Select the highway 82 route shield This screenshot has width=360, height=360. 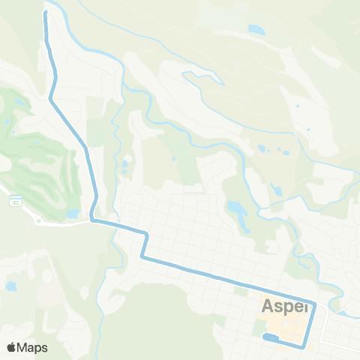pyautogui.click(x=14, y=202)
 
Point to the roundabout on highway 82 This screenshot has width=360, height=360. pyautogui.click(x=37, y=221)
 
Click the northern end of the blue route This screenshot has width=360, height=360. pyautogui.click(x=46, y=13)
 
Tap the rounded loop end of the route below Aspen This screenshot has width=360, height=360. pyautogui.click(x=266, y=338)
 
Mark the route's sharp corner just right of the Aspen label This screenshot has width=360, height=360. pyautogui.click(x=315, y=305)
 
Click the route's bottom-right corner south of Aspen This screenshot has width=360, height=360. pyautogui.click(x=303, y=346)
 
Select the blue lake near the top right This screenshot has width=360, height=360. pyautogui.click(x=256, y=31)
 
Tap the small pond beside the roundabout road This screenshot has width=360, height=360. pyautogui.click(x=73, y=214)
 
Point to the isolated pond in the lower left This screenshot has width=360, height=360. pyautogui.click(x=10, y=286)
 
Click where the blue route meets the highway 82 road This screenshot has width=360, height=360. pyautogui.click(x=92, y=220)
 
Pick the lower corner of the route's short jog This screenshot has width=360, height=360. pyautogui.click(x=142, y=258)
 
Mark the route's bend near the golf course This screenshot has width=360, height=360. pyautogui.click(x=51, y=97)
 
